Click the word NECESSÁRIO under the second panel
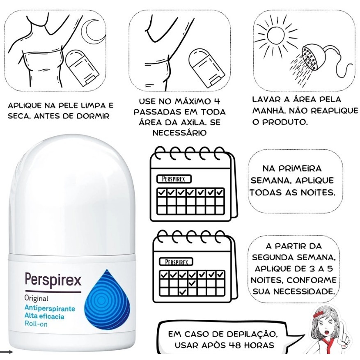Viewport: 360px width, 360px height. (x=179, y=133)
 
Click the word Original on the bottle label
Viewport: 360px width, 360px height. (x=36, y=298)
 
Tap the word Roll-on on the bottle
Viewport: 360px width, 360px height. (x=36, y=324)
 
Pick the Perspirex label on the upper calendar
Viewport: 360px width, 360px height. (x=174, y=179)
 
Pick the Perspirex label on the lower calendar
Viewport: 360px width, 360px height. (x=177, y=262)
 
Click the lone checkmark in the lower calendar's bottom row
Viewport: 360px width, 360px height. (x=183, y=292)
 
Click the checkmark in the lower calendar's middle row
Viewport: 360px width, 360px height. (x=192, y=283)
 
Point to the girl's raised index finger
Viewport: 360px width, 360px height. (x=342, y=329)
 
